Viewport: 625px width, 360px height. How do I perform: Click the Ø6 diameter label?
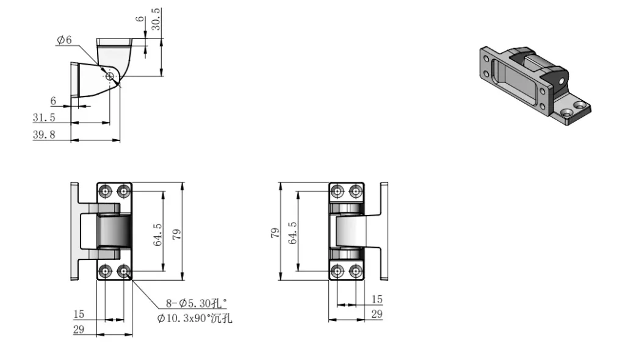(x=64, y=40)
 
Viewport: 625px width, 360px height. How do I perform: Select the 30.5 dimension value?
(x=156, y=19)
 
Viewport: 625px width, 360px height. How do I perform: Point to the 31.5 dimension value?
(x=44, y=118)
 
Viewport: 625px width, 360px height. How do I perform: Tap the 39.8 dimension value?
(x=44, y=135)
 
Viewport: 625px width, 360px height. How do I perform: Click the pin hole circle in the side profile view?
(x=110, y=76)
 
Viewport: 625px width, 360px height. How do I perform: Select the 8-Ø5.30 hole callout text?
(x=196, y=303)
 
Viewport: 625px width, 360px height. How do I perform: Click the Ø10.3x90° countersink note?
(x=195, y=319)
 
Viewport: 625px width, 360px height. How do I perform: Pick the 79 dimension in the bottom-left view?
(x=176, y=234)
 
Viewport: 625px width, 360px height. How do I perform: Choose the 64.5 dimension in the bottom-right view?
(x=292, y=233)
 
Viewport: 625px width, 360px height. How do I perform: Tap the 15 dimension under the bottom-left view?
(x=79, y=314)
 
